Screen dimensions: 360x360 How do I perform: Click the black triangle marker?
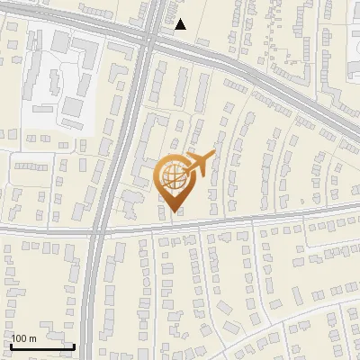click(181, 24)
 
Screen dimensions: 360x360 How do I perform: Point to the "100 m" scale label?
click(23, 338)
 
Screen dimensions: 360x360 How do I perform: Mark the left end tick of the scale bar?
click(11, 344)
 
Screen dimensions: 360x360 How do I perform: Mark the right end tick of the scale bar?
click(74, 344)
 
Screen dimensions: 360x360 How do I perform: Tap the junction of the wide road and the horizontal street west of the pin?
click(100, 229)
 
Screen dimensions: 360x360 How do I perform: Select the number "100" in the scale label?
click(19, 338)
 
